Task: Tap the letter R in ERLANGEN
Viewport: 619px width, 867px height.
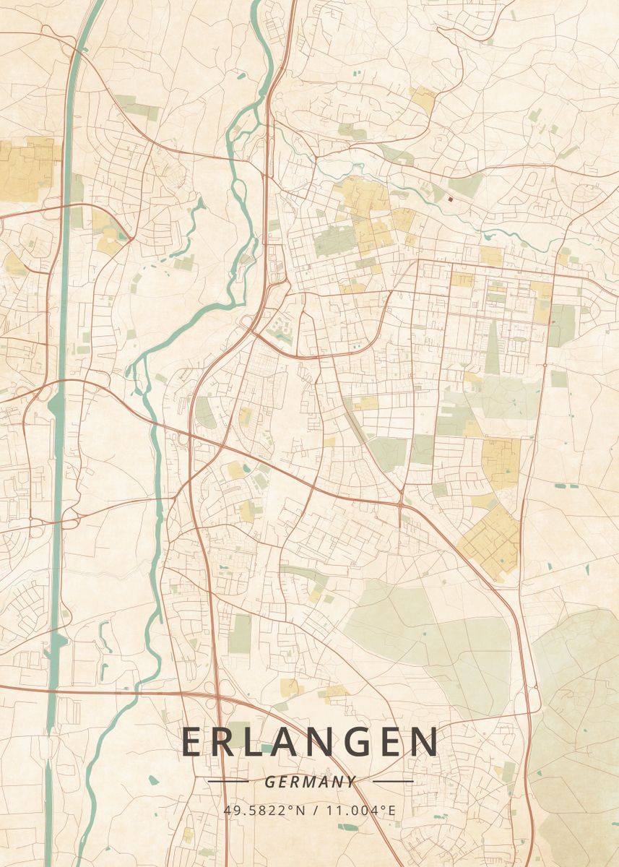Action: pyautogui.click(x=228, y=742)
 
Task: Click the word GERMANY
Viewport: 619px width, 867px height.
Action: pyautogui.click(x=310, y=781)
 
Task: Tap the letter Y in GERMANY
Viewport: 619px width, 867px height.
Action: pyautogui.click(x=351, y=781)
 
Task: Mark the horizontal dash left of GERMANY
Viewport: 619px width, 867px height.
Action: pyautogui.click(x=228, y=781)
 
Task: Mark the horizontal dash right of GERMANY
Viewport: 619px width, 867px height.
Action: pyautogui.click(x=392, y=781)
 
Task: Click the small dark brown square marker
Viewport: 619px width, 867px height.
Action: pyautogui.click(x=451, y=199)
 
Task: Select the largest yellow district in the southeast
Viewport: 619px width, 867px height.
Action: pyautogui.click(x=491, y=542)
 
